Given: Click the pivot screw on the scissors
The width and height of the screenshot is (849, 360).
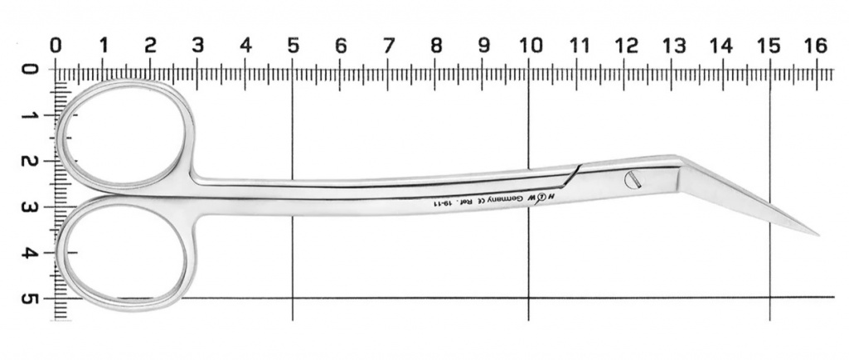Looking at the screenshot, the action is pyautogui.click(x=633, y=180).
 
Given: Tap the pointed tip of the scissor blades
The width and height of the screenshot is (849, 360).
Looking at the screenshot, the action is pyautogui.click(x=818, y=236).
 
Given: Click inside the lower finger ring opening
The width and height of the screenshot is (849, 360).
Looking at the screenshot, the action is pyautogui.click(x=124, y=252).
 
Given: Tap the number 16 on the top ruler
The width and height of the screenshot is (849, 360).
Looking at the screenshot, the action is pyautogui.click(x=817, y=46).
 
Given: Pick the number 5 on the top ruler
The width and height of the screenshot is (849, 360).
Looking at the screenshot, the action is pyautogui.click(x=293, y=46).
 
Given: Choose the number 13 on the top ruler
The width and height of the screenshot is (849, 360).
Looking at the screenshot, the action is pyautogui.click(x=674, y=46).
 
